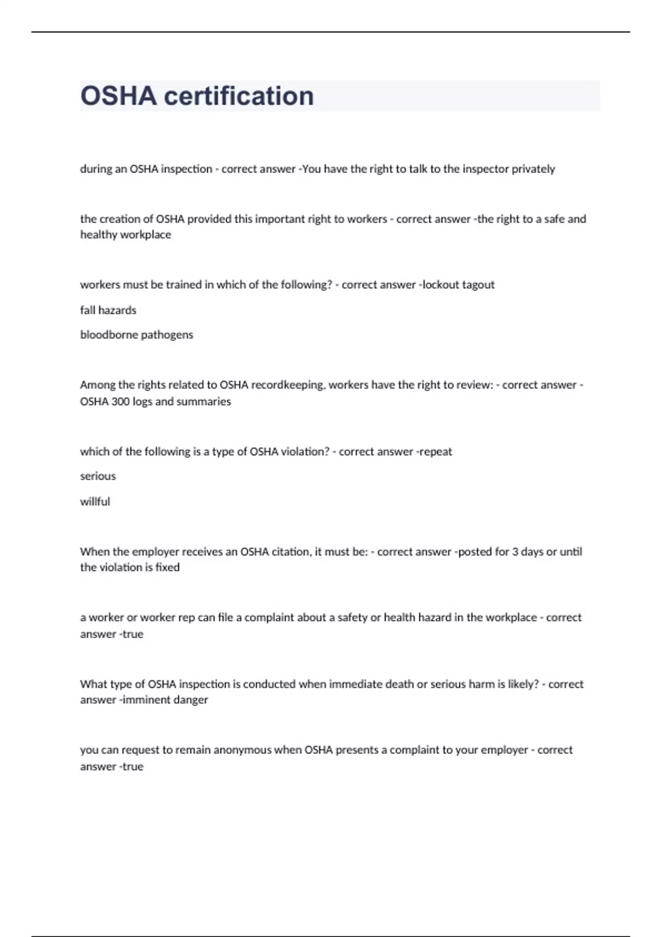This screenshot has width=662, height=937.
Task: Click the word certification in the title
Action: click(239, 96)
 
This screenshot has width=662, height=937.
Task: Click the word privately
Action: click(533, 169)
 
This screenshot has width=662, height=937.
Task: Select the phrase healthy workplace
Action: click(126, 235)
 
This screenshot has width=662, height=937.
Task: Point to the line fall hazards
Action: click(108, 310)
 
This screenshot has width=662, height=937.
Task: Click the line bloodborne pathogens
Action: click(137, 335)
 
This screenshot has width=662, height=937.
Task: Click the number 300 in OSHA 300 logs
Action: click(120, 402)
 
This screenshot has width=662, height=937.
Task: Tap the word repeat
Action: click(436, 452)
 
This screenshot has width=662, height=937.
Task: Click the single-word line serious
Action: click(98, 476)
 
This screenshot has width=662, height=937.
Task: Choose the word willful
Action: click(95, 502)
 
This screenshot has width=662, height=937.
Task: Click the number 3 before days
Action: click(515, 552)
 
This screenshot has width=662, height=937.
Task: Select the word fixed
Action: click(167, 568)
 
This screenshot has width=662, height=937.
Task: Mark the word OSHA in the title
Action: click(119, 96)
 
